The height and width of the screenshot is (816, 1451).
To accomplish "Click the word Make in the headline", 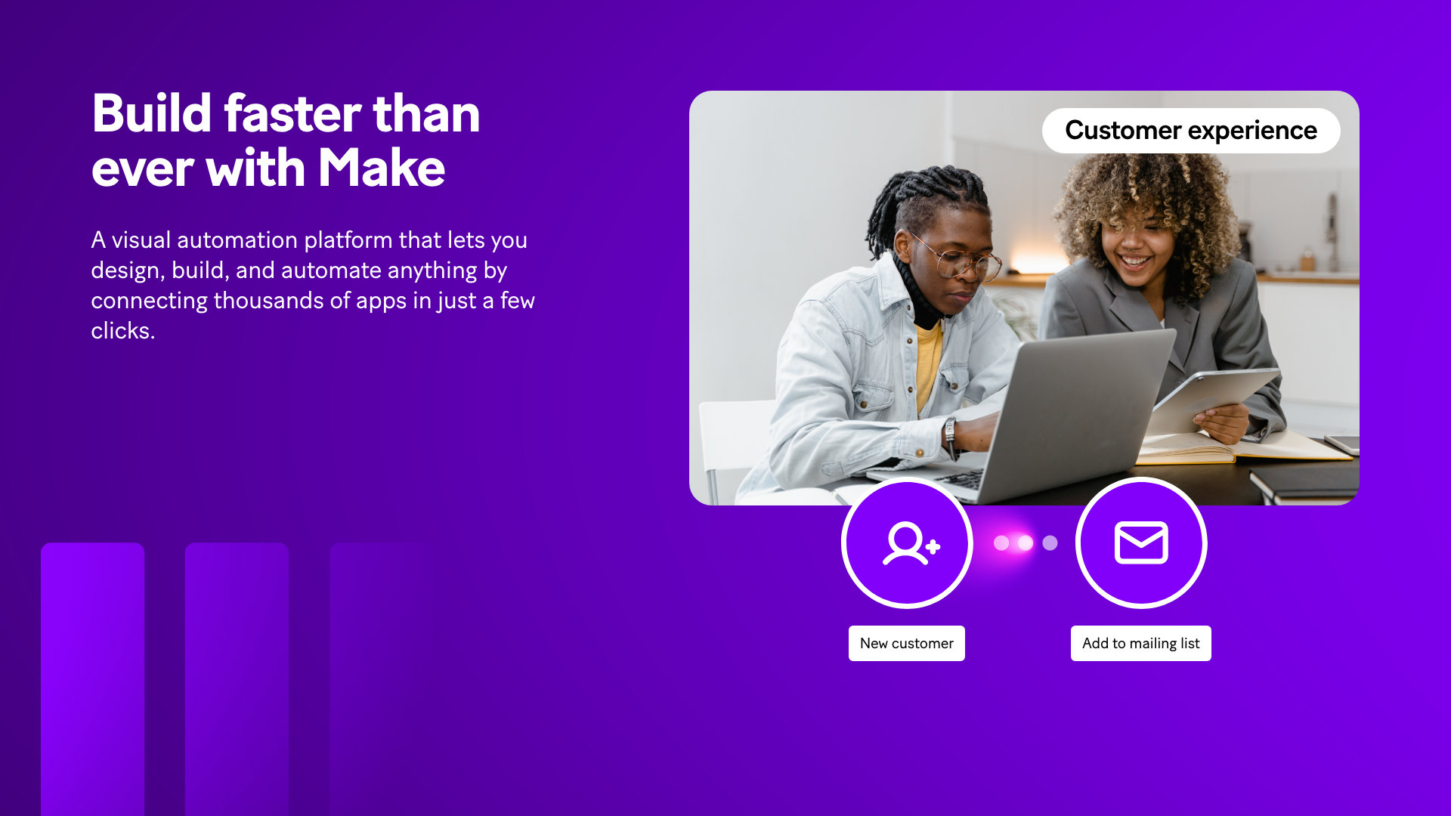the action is tap(382, 168).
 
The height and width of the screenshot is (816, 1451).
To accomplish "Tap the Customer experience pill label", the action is tap(1191, 131).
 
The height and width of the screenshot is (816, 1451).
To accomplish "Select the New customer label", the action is tap(907, 643).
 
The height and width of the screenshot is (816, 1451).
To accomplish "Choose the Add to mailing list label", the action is tap(1141, 643).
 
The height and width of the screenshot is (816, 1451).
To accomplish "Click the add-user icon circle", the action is tap(907, 542).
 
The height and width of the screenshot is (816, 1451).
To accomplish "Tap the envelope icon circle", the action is tap(1141, 542).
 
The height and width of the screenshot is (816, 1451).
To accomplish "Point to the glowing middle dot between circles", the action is tap(1026, 542).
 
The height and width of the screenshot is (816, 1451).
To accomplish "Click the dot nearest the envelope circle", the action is tap(1050, 542).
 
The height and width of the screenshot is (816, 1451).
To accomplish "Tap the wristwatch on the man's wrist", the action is tap(949, 434).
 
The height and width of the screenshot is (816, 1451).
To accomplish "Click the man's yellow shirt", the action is tap(927, 363).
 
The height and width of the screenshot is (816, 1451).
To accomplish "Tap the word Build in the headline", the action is tap(152, 113).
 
